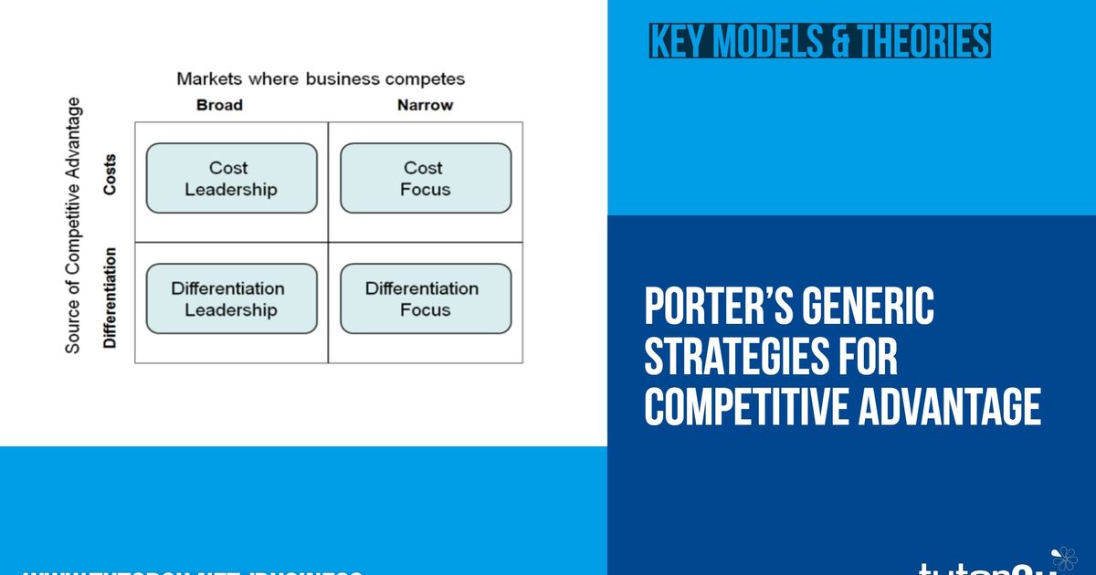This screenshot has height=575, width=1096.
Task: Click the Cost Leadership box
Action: click(231, 178)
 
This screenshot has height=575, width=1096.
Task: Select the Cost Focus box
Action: click(425, 178)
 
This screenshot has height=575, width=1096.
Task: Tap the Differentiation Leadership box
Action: click(231, 298)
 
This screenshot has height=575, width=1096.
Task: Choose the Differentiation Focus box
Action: click(425, 298)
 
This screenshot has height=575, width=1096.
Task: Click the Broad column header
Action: click(219, 105)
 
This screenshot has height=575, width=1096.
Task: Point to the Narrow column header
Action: click(425, 105)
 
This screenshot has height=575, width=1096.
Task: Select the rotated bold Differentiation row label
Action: click(111, 298)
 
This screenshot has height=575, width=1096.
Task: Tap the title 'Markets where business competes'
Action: click(320, 78)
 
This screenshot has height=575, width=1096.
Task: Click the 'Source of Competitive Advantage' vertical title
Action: click(74, 225)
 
